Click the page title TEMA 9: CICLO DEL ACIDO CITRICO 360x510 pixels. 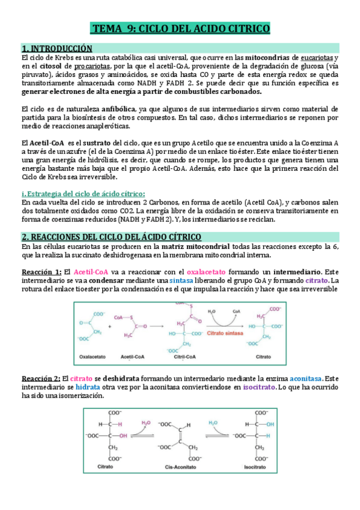point(180,29)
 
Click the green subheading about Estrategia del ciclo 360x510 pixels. point(82,193)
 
